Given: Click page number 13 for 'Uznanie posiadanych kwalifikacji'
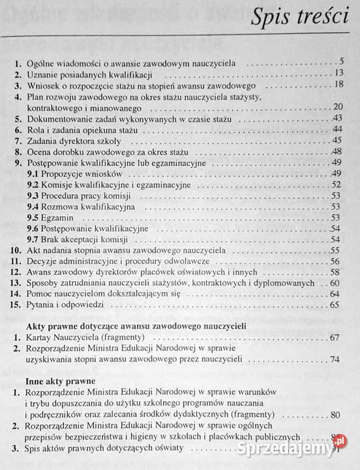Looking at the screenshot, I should coord(337,73).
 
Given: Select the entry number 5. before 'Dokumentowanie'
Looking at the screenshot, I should coord(18,118).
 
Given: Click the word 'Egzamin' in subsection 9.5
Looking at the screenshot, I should coord(57,217).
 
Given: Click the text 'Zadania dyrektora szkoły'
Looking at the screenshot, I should coord(72,140).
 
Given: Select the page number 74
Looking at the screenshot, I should coord(336,359).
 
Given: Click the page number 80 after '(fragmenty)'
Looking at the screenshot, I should coord(336,415).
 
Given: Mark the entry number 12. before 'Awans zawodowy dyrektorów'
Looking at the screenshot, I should coord(16,272).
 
